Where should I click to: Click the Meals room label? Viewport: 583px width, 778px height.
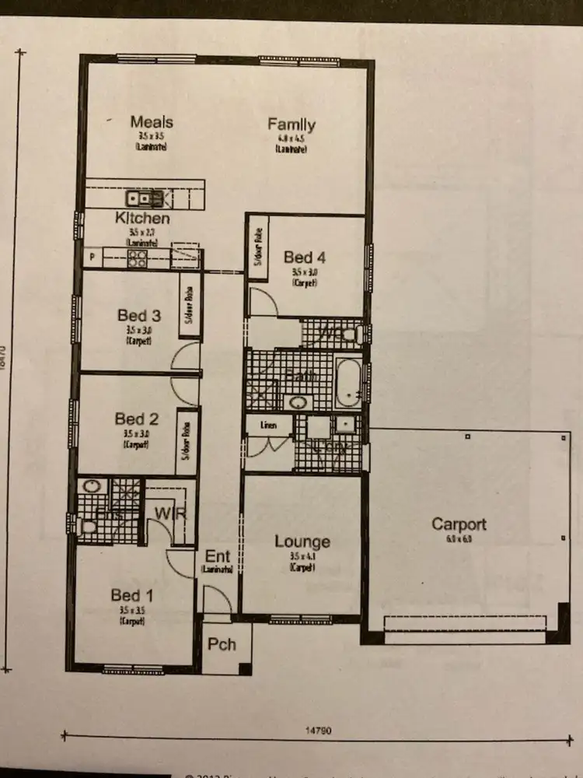click(x=152, y=122)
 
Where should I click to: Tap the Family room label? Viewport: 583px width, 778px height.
click(x=291, y=124)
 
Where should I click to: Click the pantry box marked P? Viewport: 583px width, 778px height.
click(x=93, y=257)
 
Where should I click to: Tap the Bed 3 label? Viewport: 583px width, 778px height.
click(x=139, y=316)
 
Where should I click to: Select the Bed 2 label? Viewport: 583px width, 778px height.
click(x=137, y=419)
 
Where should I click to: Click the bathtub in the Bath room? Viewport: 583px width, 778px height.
click(x=348, y=383)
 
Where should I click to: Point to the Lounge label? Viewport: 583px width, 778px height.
click(x=302, y=542)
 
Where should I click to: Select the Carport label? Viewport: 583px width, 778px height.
click(x=459, y=524)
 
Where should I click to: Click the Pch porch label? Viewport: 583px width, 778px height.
click(x=222, y=645)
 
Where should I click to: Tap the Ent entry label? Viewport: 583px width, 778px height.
click(x=218, y=557)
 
